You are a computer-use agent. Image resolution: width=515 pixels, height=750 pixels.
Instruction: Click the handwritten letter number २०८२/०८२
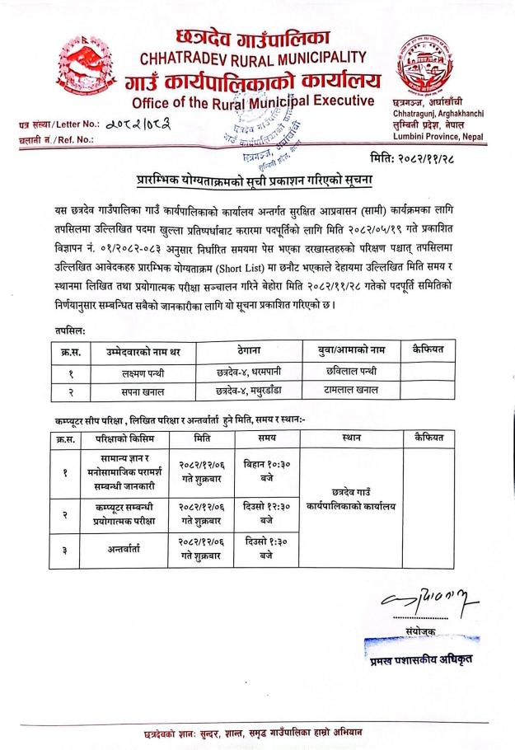click(146, 124)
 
